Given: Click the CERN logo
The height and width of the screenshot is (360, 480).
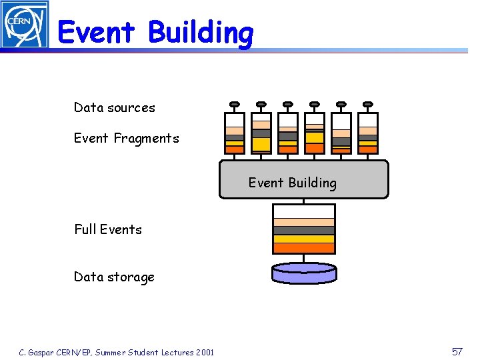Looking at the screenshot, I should [x=25, y=24].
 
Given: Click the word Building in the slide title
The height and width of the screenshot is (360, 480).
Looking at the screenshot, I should [x=201, y=32].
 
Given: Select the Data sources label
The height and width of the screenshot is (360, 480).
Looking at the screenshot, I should [x=114, y=107].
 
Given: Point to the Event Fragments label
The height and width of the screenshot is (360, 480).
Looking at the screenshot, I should [x=126, y=138].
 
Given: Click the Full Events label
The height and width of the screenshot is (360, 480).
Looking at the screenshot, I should [x=108, y=229].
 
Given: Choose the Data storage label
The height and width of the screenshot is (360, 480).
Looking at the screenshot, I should [x=114, y=277].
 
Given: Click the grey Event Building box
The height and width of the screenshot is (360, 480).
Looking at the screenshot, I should [x=303, y=179].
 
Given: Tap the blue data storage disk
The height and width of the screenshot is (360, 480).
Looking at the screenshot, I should [x=304, y=273].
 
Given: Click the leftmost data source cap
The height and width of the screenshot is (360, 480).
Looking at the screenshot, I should [x=235, y=104].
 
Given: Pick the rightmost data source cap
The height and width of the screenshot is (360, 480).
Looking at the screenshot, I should [x=368, y=104].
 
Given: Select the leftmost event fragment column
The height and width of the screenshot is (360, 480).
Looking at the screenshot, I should [x=235, y=133].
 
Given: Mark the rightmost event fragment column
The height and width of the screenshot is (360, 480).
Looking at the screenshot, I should [x=368, y=133].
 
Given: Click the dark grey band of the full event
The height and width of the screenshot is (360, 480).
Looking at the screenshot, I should [x=304, y=231].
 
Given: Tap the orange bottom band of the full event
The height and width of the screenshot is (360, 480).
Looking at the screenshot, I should [x=304, y=248].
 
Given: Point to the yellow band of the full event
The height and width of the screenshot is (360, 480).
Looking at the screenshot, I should [x=304, y=239].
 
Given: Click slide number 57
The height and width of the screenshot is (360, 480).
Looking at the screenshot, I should [x=457, y=351].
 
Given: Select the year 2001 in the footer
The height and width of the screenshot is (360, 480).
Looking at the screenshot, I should [x=205, y=352].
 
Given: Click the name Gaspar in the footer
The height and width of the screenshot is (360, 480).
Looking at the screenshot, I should [x=41, y=352].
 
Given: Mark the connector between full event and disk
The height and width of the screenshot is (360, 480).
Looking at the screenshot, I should [x=304, y=259].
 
